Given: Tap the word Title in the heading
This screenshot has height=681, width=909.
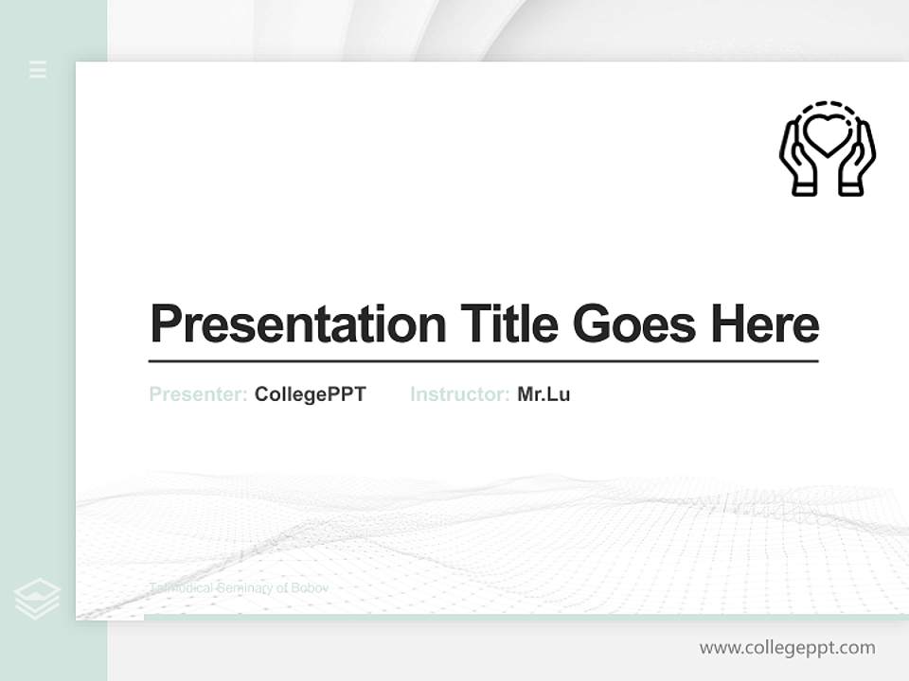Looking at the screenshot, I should pyautogui.click(x=508, y=324).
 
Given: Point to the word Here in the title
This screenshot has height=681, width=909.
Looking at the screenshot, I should pyautogui.click(x=765, y=324).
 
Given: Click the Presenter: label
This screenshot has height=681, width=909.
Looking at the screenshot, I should pyautogui.click(x=198, y=394).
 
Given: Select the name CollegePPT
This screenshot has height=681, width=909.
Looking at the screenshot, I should pyautogui.click(x=310, y=394).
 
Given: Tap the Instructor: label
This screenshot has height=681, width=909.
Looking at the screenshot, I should pyautogui.click(x=459, y=394).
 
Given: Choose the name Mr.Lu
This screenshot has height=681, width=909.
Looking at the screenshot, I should pyautogui.click(x=544, y=394).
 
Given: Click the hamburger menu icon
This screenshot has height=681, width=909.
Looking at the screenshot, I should pyautogui.click(x=38, y=69).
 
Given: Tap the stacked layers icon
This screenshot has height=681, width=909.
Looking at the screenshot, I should pyautogui.click(x=37, y=599).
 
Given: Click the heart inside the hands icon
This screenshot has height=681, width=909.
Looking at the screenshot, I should pyautogui.click(x=827, y=135).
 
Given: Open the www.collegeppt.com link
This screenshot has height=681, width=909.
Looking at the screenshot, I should pyautogui.click(x=787, y=648).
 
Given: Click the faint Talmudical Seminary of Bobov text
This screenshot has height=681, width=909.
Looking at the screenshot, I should pyautogui.click(x=239, y=588).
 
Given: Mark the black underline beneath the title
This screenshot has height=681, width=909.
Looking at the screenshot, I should pyautogui.click(x=483, y=360).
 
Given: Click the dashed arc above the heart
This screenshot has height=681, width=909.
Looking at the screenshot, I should pyautogui.click(x=828, y=105).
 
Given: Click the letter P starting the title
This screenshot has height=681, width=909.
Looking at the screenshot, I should pyautogui.click(x=164, y=324).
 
